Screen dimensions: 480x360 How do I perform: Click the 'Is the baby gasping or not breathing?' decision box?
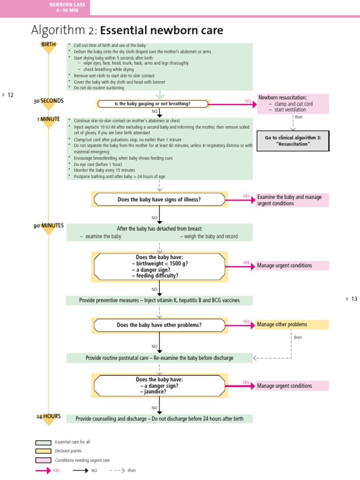click(x=153, y=104)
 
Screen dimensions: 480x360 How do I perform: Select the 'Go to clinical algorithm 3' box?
click(x=293, y=141)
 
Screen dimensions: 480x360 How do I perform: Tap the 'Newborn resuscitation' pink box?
click(x=293, y=104)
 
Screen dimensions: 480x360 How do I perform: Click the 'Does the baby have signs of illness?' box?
click(x=159, y=199)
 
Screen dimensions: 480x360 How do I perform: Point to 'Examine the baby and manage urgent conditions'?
click(x=292, y=200)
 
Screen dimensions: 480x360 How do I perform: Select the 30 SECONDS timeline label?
click(x=48, y=101)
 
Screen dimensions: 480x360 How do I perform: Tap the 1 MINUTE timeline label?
click(x=48, y=119)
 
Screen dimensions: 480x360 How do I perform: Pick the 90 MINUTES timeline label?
click(x=48, y=225)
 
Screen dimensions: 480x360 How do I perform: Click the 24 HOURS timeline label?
click(x=48, y=416)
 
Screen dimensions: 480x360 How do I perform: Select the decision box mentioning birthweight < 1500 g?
click(x=159, y=266)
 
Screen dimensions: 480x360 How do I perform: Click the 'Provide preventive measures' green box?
click(x=159, y=300)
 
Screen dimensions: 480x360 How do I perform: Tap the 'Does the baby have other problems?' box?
click(x=159, y=325)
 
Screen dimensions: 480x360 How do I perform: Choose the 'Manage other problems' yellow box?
click(x=292, y=324)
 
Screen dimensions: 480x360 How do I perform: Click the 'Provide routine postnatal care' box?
click(x=159, y=358)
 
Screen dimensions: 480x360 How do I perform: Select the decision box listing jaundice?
click(x=159, y=385)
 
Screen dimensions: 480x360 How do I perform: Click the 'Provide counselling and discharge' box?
click(x=159, y=419)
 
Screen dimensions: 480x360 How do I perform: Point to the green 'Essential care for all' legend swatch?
click(x=43, y=442)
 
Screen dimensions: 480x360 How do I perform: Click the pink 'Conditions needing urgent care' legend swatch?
click(x=43, y=460)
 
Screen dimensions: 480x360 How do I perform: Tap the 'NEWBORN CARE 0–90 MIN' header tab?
click(x=67, y=7)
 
